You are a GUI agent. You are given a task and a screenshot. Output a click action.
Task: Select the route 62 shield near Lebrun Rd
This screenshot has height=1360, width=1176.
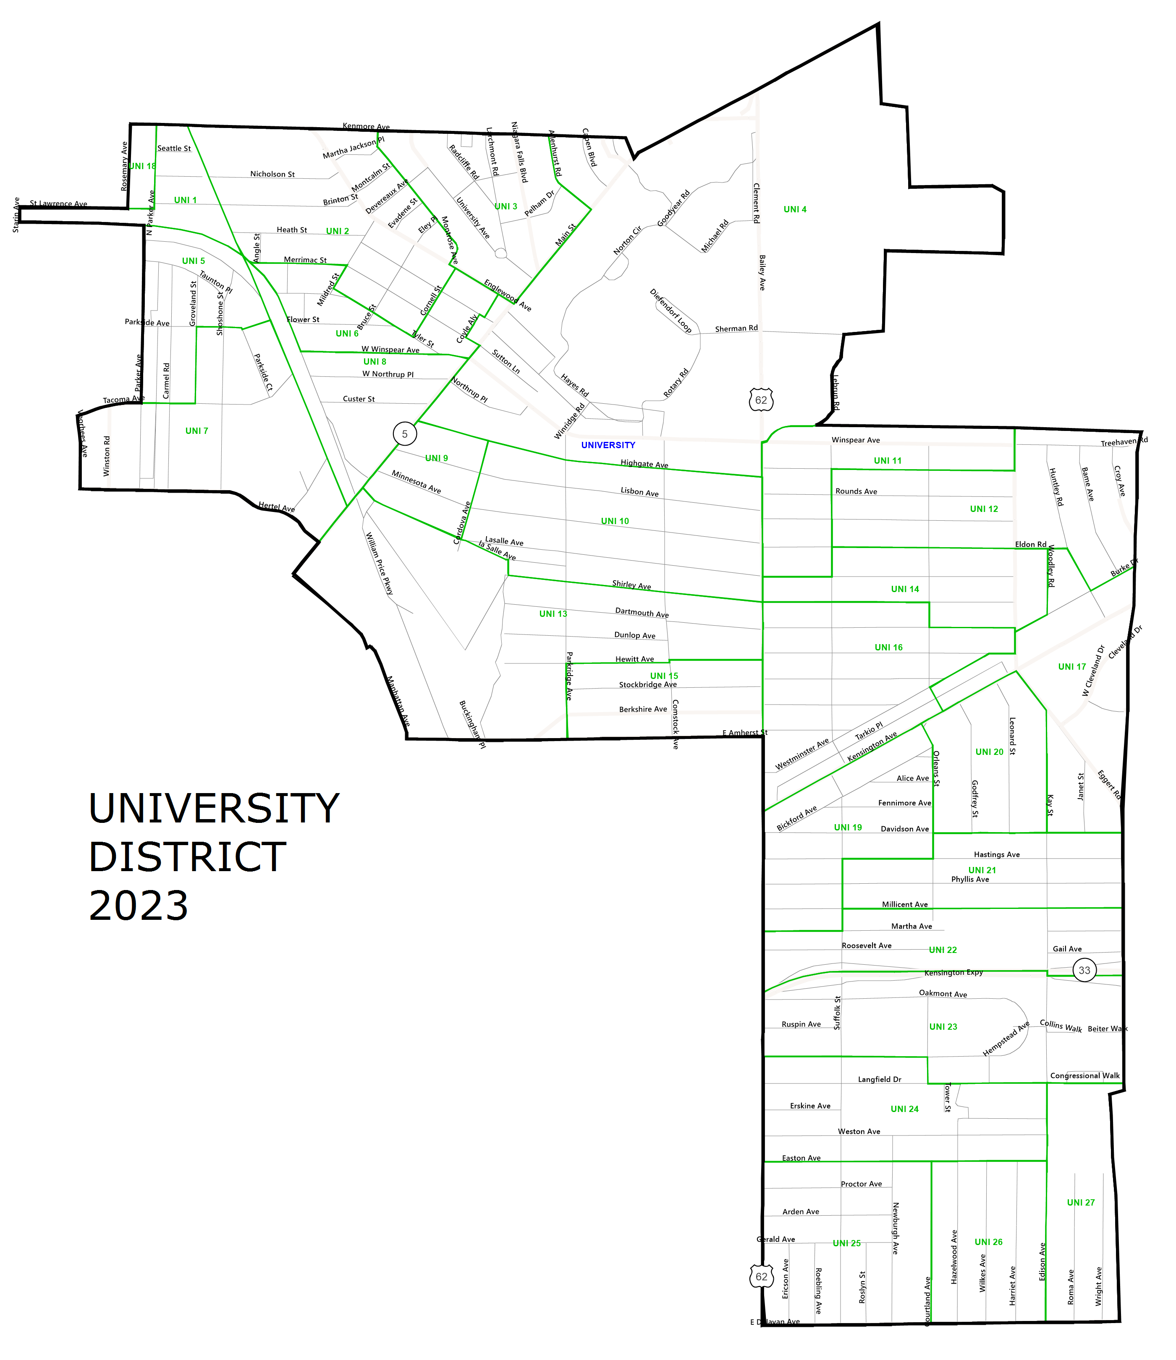click(x=761, y=400)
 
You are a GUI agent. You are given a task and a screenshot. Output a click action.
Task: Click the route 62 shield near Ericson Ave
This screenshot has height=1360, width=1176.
click(x=761, y=1276)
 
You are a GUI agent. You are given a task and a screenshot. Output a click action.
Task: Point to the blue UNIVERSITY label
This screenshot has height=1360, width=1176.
click(x=608, y=445)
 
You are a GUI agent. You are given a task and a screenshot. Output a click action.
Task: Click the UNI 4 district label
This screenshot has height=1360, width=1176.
click(x=794, y=209)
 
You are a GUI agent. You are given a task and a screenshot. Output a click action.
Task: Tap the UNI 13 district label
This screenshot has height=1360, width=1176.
click(x=553, y=614)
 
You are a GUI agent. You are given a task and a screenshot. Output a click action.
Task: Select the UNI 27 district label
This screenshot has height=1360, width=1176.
click(x=1081, y=1203)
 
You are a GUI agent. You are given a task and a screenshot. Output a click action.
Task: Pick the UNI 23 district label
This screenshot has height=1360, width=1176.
click(x=943, y=1026)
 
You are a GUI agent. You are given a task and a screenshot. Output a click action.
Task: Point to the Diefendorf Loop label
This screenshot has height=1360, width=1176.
click(x=671, y=311)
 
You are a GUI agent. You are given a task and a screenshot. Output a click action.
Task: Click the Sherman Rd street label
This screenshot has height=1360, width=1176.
click(x=736, y=328)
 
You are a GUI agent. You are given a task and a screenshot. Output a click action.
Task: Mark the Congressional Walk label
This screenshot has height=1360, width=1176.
click(x=1085, y=1075)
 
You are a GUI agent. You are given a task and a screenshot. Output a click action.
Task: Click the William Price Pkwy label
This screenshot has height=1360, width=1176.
click(x=379, y=563)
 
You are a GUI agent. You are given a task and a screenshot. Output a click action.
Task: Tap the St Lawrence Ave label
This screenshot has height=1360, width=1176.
click(x=58, y=204)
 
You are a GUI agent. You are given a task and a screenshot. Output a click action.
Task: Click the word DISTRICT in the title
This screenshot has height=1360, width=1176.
click(x=187, y=857)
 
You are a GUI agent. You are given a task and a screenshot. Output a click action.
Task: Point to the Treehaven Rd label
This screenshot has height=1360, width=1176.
click(x=1124, y=442)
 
